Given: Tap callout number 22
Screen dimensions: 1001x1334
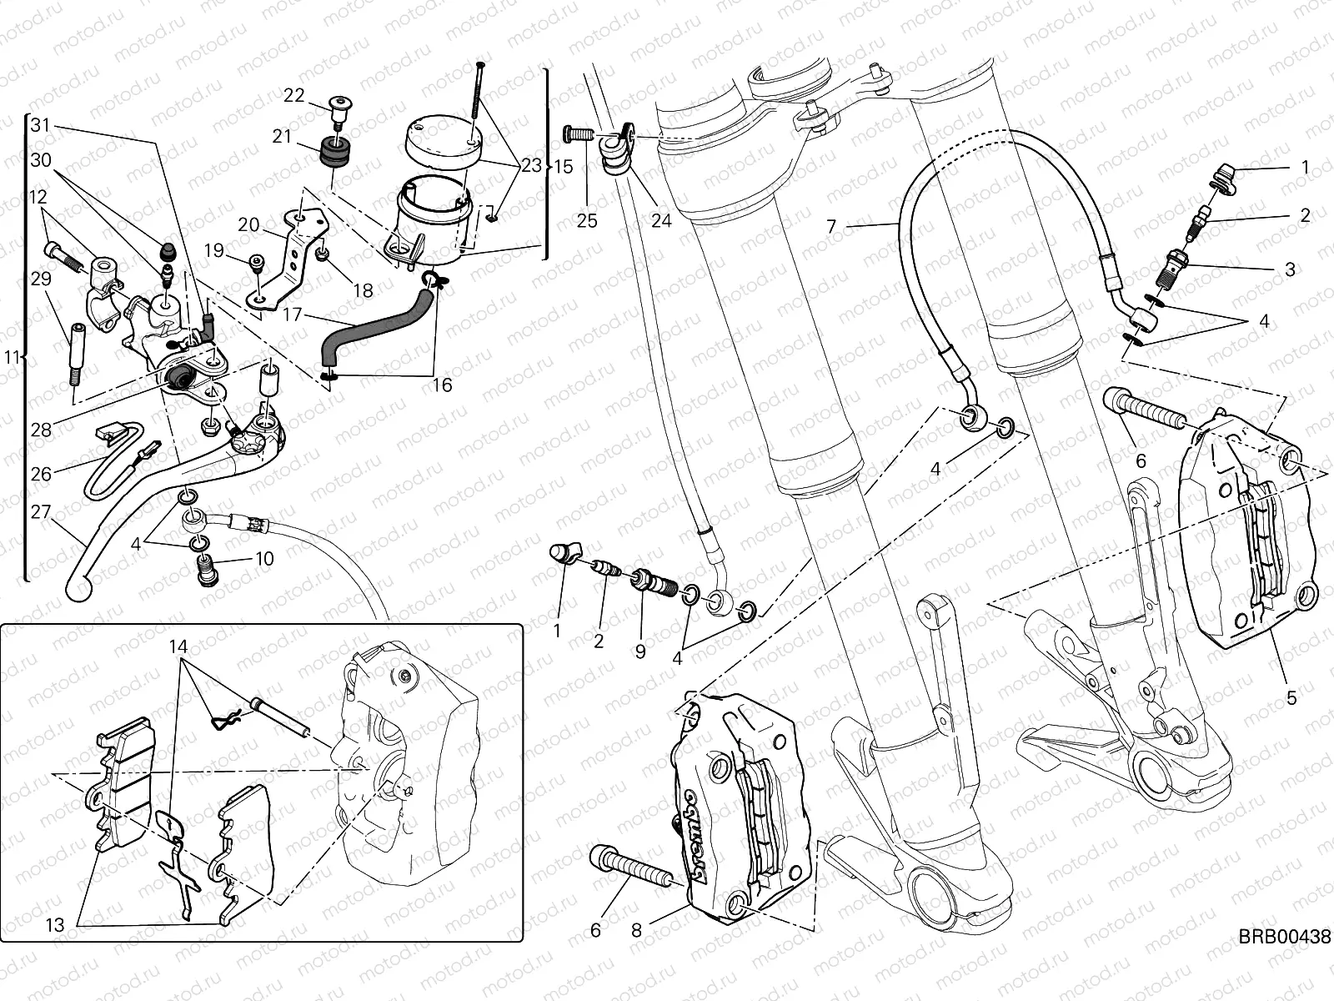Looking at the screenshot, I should (293, 95).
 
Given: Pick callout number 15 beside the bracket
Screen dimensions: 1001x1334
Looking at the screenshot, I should (564, 166).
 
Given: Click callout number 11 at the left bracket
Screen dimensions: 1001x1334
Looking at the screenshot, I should (11, 357).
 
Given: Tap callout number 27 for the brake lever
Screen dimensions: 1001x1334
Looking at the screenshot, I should (42, 511).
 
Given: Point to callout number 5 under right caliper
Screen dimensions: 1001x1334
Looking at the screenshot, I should (1291, 698).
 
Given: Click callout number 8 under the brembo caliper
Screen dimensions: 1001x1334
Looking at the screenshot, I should (637, 930).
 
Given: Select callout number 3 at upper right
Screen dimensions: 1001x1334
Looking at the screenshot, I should (1290, 269).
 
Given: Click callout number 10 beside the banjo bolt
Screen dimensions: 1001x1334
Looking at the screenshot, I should (264, 559).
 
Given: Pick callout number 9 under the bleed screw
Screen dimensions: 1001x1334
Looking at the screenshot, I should (639, 651).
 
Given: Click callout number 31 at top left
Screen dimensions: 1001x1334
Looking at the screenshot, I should (41, 126).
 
